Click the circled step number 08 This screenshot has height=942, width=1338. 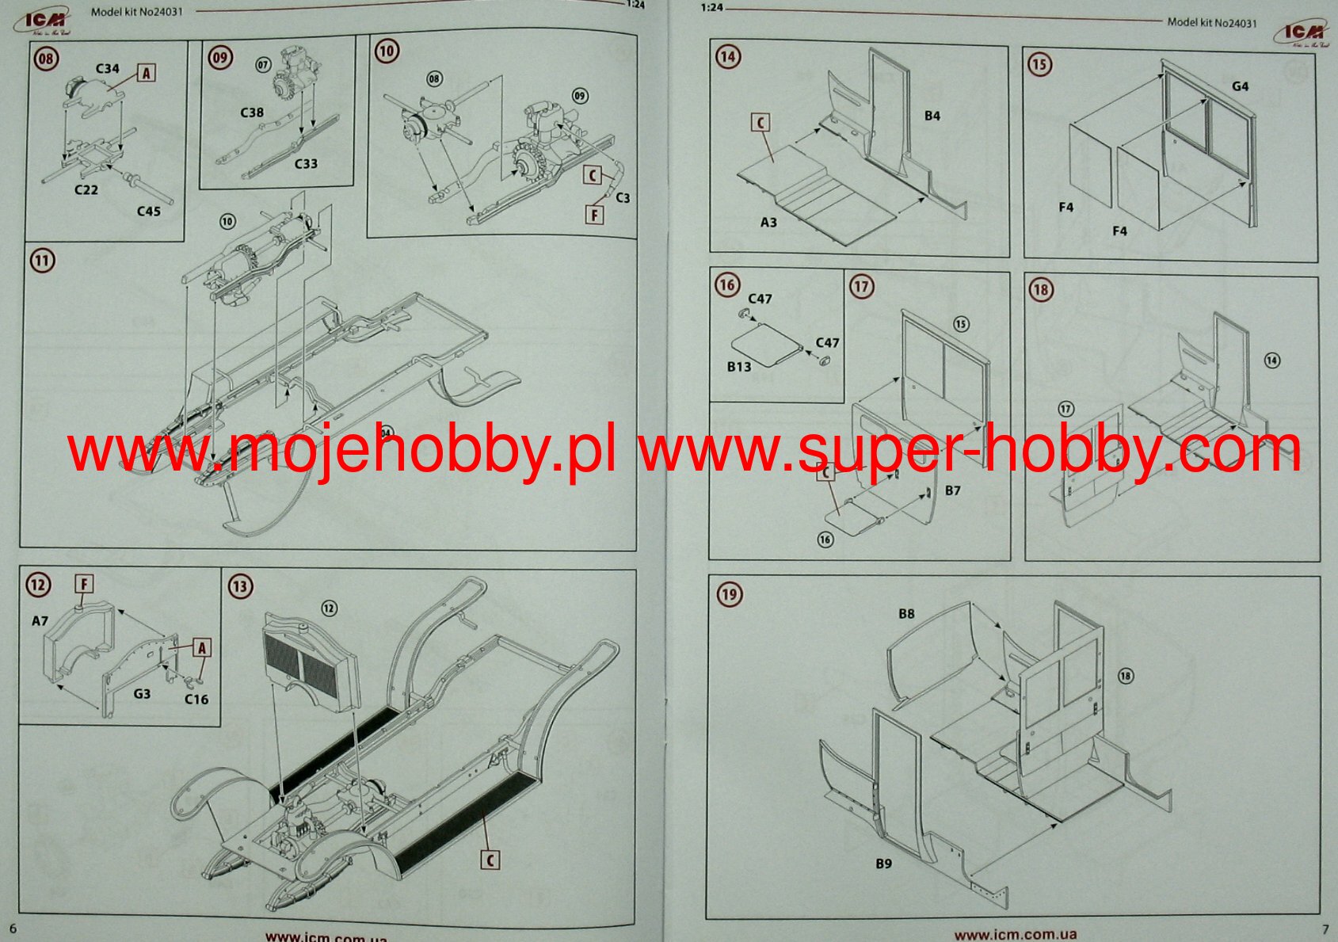[x=46, y=59]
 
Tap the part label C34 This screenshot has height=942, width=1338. [x=107, y=69]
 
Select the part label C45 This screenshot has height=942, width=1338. [x=148, y=212]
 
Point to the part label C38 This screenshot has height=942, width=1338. [x=252, y=113]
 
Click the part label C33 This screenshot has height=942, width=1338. [x=306, y=164]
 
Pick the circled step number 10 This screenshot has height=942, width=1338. [x=386, y=51]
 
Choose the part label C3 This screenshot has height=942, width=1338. [x=623, y=197]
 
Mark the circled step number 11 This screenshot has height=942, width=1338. [x=42, y=260]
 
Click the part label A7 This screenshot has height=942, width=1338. [x=40, y=621]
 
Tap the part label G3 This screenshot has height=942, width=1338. [x=142, y=694]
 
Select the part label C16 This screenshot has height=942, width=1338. [x=196, y=699]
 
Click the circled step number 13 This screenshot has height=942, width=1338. [x=240, y=586]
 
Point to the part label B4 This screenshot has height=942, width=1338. [x=932, y=116]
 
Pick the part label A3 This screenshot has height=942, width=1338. [x=768, y=223]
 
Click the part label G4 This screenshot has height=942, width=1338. [x=1241, y=86]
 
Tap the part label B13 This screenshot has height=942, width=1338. [x=738, y=367]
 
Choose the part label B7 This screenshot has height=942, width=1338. [x=952, y=490]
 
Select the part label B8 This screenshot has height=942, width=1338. [x=906, y=614]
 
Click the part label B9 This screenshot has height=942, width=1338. [x=883, y=864]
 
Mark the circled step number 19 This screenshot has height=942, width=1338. [x=729, y=594]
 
